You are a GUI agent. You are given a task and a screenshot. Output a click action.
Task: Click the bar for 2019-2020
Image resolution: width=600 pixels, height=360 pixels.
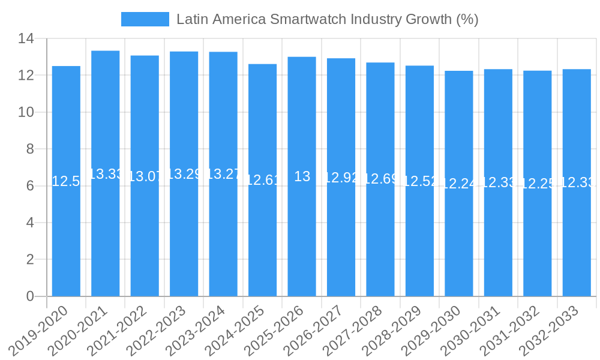click(x=66, y=240)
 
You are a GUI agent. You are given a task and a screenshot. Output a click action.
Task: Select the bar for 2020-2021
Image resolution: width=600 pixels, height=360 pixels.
click(x=106, y=240)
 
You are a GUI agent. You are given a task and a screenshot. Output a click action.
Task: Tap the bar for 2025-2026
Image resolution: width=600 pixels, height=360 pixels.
click(x=302, y=240)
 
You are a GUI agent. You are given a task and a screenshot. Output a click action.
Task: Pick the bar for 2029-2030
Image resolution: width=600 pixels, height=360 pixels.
click(x=459, y=240)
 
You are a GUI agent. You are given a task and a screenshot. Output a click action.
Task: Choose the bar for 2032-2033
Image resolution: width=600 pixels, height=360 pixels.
click(x=577, y=240)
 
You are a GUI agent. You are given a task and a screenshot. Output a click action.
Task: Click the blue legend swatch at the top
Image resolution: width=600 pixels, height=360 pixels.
click(x=145, y=19)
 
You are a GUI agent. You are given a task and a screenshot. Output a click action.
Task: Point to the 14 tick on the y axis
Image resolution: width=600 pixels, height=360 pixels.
click(x=26, y=39)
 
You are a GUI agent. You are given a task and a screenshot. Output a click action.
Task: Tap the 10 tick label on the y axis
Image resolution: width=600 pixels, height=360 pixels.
click(x=26, y=112)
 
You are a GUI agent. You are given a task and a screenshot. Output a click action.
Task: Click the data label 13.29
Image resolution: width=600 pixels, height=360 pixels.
click(x=184, y=174)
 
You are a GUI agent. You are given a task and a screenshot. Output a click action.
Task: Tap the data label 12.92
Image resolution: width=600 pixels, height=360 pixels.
click(x=341, y=178)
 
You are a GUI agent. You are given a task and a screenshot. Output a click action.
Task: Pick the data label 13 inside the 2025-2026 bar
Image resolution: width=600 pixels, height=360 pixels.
click(x=302, y=176)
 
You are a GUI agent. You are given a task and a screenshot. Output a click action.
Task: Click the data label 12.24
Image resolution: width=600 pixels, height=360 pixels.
click(x=459, y=184)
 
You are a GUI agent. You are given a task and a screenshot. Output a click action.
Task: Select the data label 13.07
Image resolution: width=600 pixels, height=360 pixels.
click(x=145, y=176)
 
